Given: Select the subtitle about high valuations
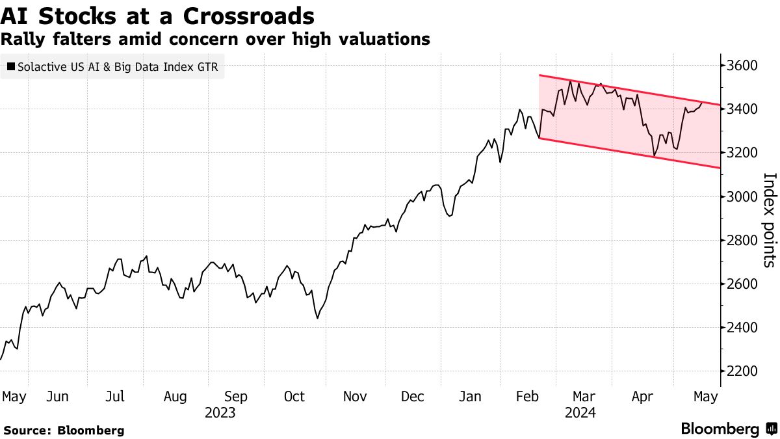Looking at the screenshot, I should pos(215,39).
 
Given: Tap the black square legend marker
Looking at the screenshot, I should pos(10,66).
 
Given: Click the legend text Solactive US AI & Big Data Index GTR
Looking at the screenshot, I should pos(118,66).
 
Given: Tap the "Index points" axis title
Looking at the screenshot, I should pos(769,220).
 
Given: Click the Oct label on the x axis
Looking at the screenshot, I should pos(294,397).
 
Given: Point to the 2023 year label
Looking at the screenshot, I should pos(220,412).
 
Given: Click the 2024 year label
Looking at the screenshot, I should pos(580,412).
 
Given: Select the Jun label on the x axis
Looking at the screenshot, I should pos(58,397).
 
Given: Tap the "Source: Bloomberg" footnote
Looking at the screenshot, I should pos(64,430).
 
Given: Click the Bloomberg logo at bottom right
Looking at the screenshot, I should pos(728,429).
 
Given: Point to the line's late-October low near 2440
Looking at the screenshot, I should pos(317,318).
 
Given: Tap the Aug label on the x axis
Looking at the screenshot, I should pos(175,397).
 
